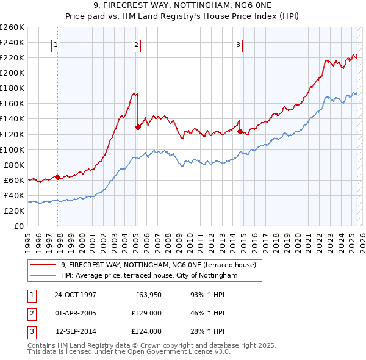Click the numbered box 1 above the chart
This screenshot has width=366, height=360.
56,44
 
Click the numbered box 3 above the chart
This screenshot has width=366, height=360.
237,44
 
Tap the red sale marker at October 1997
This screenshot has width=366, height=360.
58,177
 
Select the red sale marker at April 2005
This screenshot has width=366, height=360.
138,127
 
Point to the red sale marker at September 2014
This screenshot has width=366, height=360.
240,131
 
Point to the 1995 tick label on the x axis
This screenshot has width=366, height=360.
27,239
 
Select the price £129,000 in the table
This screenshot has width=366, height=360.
147,314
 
